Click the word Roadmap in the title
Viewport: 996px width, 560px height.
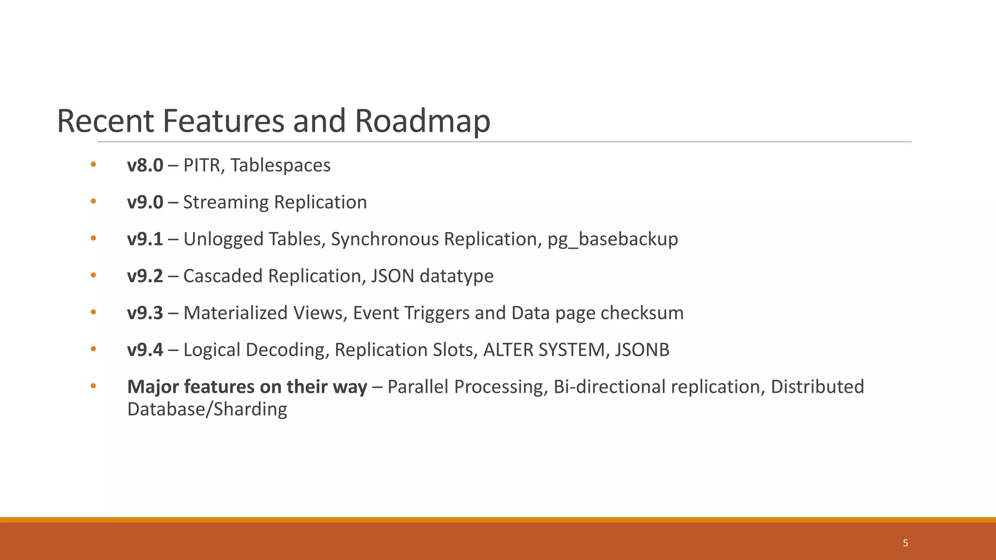point(422,121)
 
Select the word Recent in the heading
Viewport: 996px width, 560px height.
point(106,121)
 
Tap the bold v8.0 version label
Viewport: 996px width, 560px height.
point(145,165)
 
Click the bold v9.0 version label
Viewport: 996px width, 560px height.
point(145,202)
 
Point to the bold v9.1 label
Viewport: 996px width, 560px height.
point(145,239)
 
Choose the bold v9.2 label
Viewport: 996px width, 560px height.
point(145,276)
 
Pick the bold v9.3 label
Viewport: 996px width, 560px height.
point(145,313)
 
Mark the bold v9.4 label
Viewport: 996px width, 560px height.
point(145,350)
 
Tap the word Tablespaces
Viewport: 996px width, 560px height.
point(281,165)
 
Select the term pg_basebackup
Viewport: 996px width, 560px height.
point(613,239)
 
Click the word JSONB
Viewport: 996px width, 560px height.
point(642,350)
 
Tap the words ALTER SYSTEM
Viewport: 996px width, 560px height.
point(543,350)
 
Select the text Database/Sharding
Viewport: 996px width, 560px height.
point(207,409)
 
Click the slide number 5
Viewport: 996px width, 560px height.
point(905,543)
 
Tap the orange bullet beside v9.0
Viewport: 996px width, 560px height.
point(93,201)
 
